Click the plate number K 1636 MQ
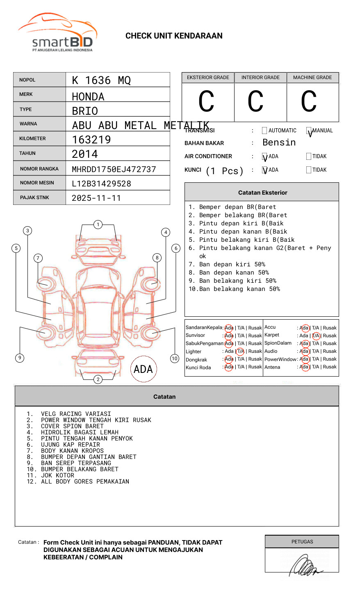pos(101,80)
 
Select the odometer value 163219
pos(91,140)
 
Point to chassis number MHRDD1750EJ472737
pos(114,169)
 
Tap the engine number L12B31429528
pos(101,184)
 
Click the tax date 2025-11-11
pos(96,198)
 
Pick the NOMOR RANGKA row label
pos(39,169)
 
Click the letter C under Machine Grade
pos(309,101)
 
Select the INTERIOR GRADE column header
pos(260,77)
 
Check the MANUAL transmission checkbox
pos(309,131)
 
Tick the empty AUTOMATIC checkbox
pos(264,131)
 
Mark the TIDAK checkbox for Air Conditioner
pos(309,157)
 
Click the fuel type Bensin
pos(279,143)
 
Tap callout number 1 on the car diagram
pos(98,225)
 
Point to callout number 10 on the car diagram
pos(175,359)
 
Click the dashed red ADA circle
pos(143,369)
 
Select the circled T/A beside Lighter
pos(240,351)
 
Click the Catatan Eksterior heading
pos(262,193)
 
